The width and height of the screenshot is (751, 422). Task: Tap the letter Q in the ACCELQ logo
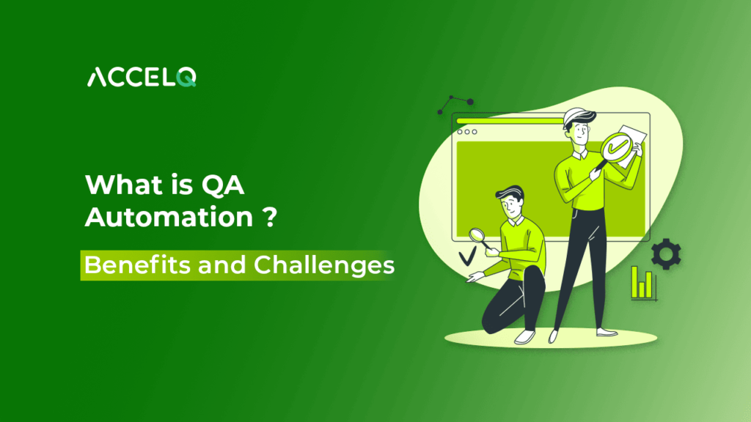pyautogui.click(x=186, y=77)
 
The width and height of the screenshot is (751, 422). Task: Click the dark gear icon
pyautogui.click(x=666, y=253)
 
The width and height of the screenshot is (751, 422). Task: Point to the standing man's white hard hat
pyautogui.click(x=577, y=118)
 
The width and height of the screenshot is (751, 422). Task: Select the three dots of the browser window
pyautogui.click(x=466, y=132)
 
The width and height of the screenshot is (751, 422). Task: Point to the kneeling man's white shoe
pyautogui.click(x=524, y=336)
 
